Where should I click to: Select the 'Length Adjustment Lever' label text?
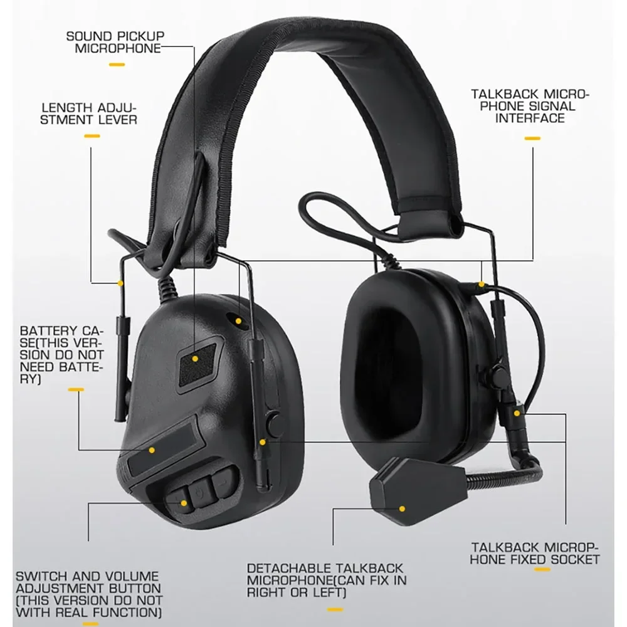[88, 113]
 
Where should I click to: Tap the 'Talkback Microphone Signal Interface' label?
[530, 106]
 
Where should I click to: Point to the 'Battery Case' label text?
[61, 354]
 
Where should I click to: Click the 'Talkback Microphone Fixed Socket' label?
[535, 553]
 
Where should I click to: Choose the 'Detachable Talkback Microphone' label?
[326, 580]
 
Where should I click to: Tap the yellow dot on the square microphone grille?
[195, 359]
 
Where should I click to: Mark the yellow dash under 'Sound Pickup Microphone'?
[117, 64]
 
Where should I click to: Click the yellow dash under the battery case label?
[75, 390]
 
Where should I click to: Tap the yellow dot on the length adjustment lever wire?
[120, 283]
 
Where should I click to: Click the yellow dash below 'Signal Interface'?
[533, 138]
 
